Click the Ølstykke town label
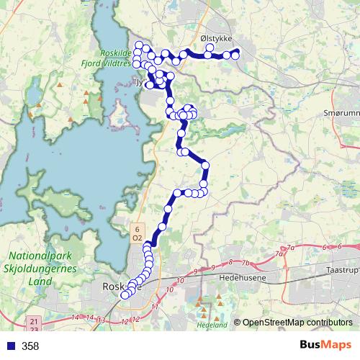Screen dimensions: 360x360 point(215,40)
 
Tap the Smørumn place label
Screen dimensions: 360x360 point(342,114)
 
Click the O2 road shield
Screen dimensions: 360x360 point(136,237)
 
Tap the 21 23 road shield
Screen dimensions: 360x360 point(35,323)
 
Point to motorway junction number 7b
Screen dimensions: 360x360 point(245,263)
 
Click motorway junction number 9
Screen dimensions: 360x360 point(195,271)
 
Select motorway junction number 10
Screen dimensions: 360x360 point(170,289)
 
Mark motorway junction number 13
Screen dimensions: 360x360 point(103,320)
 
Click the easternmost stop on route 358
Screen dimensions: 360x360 point(235,55)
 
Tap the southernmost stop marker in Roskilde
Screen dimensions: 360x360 point(125,294)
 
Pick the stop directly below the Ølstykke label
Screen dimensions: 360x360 point(210,50)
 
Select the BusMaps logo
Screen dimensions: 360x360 point(325,346)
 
